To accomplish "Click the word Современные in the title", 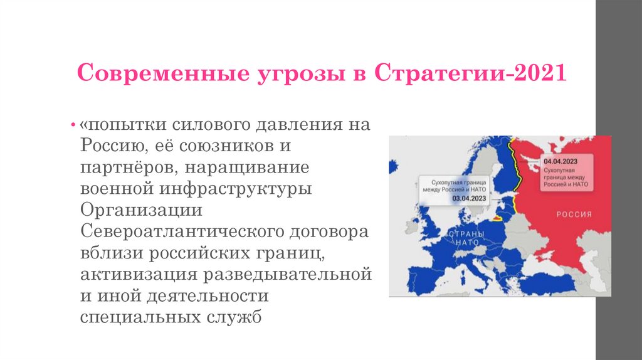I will coord(142,74).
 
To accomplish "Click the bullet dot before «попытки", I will coord(74,124).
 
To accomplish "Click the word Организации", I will coord(140,210).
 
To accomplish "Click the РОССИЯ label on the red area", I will coord(574,214).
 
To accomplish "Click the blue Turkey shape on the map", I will coord(552,283).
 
